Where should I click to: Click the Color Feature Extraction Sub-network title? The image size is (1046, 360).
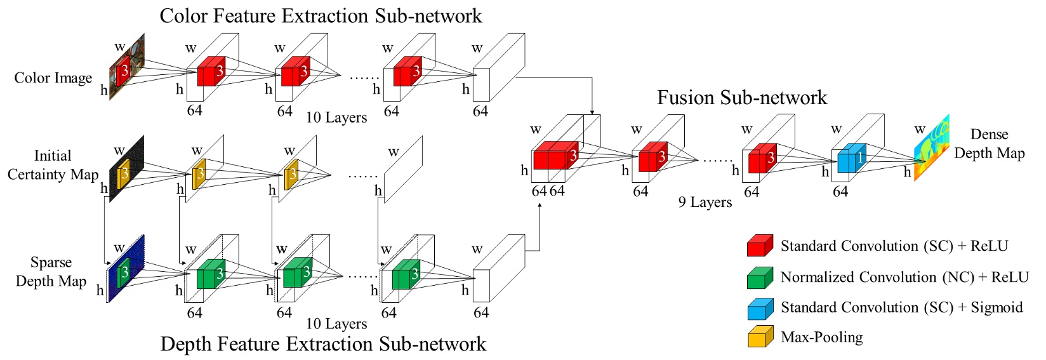click(x=321, y=15)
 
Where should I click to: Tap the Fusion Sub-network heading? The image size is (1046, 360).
click(x=742, y=97)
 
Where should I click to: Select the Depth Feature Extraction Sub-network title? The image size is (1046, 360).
click(x=323, y=343)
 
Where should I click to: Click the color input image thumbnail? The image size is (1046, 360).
click(x=127, y=66)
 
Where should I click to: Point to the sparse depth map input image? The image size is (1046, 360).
click(x=126, y=269)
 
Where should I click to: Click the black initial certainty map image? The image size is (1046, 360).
click(x=126, y=168)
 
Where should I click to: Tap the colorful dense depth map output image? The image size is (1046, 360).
click(x=932, y=147)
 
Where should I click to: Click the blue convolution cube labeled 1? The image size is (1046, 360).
click(x=852, y=158)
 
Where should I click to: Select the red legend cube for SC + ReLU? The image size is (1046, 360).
click(x=760, y=246)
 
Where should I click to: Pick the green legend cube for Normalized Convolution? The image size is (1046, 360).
click(x=760, y=278)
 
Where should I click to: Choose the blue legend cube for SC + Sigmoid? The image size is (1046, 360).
click(x=760, y=309)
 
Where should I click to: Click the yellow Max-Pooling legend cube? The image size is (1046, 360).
click(x=760, y=336)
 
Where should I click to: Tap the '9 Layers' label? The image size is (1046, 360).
click(x=705, y=202)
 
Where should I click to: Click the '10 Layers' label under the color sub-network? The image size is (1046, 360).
click(x=336, y=117)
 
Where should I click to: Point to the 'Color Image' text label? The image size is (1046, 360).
click(x=53, y=78)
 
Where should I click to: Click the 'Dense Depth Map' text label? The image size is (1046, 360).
click(x=990, y=144)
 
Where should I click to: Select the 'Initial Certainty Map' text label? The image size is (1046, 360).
click(x=53, y=165)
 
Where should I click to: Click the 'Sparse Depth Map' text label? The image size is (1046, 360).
click(x=51, y=272)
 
